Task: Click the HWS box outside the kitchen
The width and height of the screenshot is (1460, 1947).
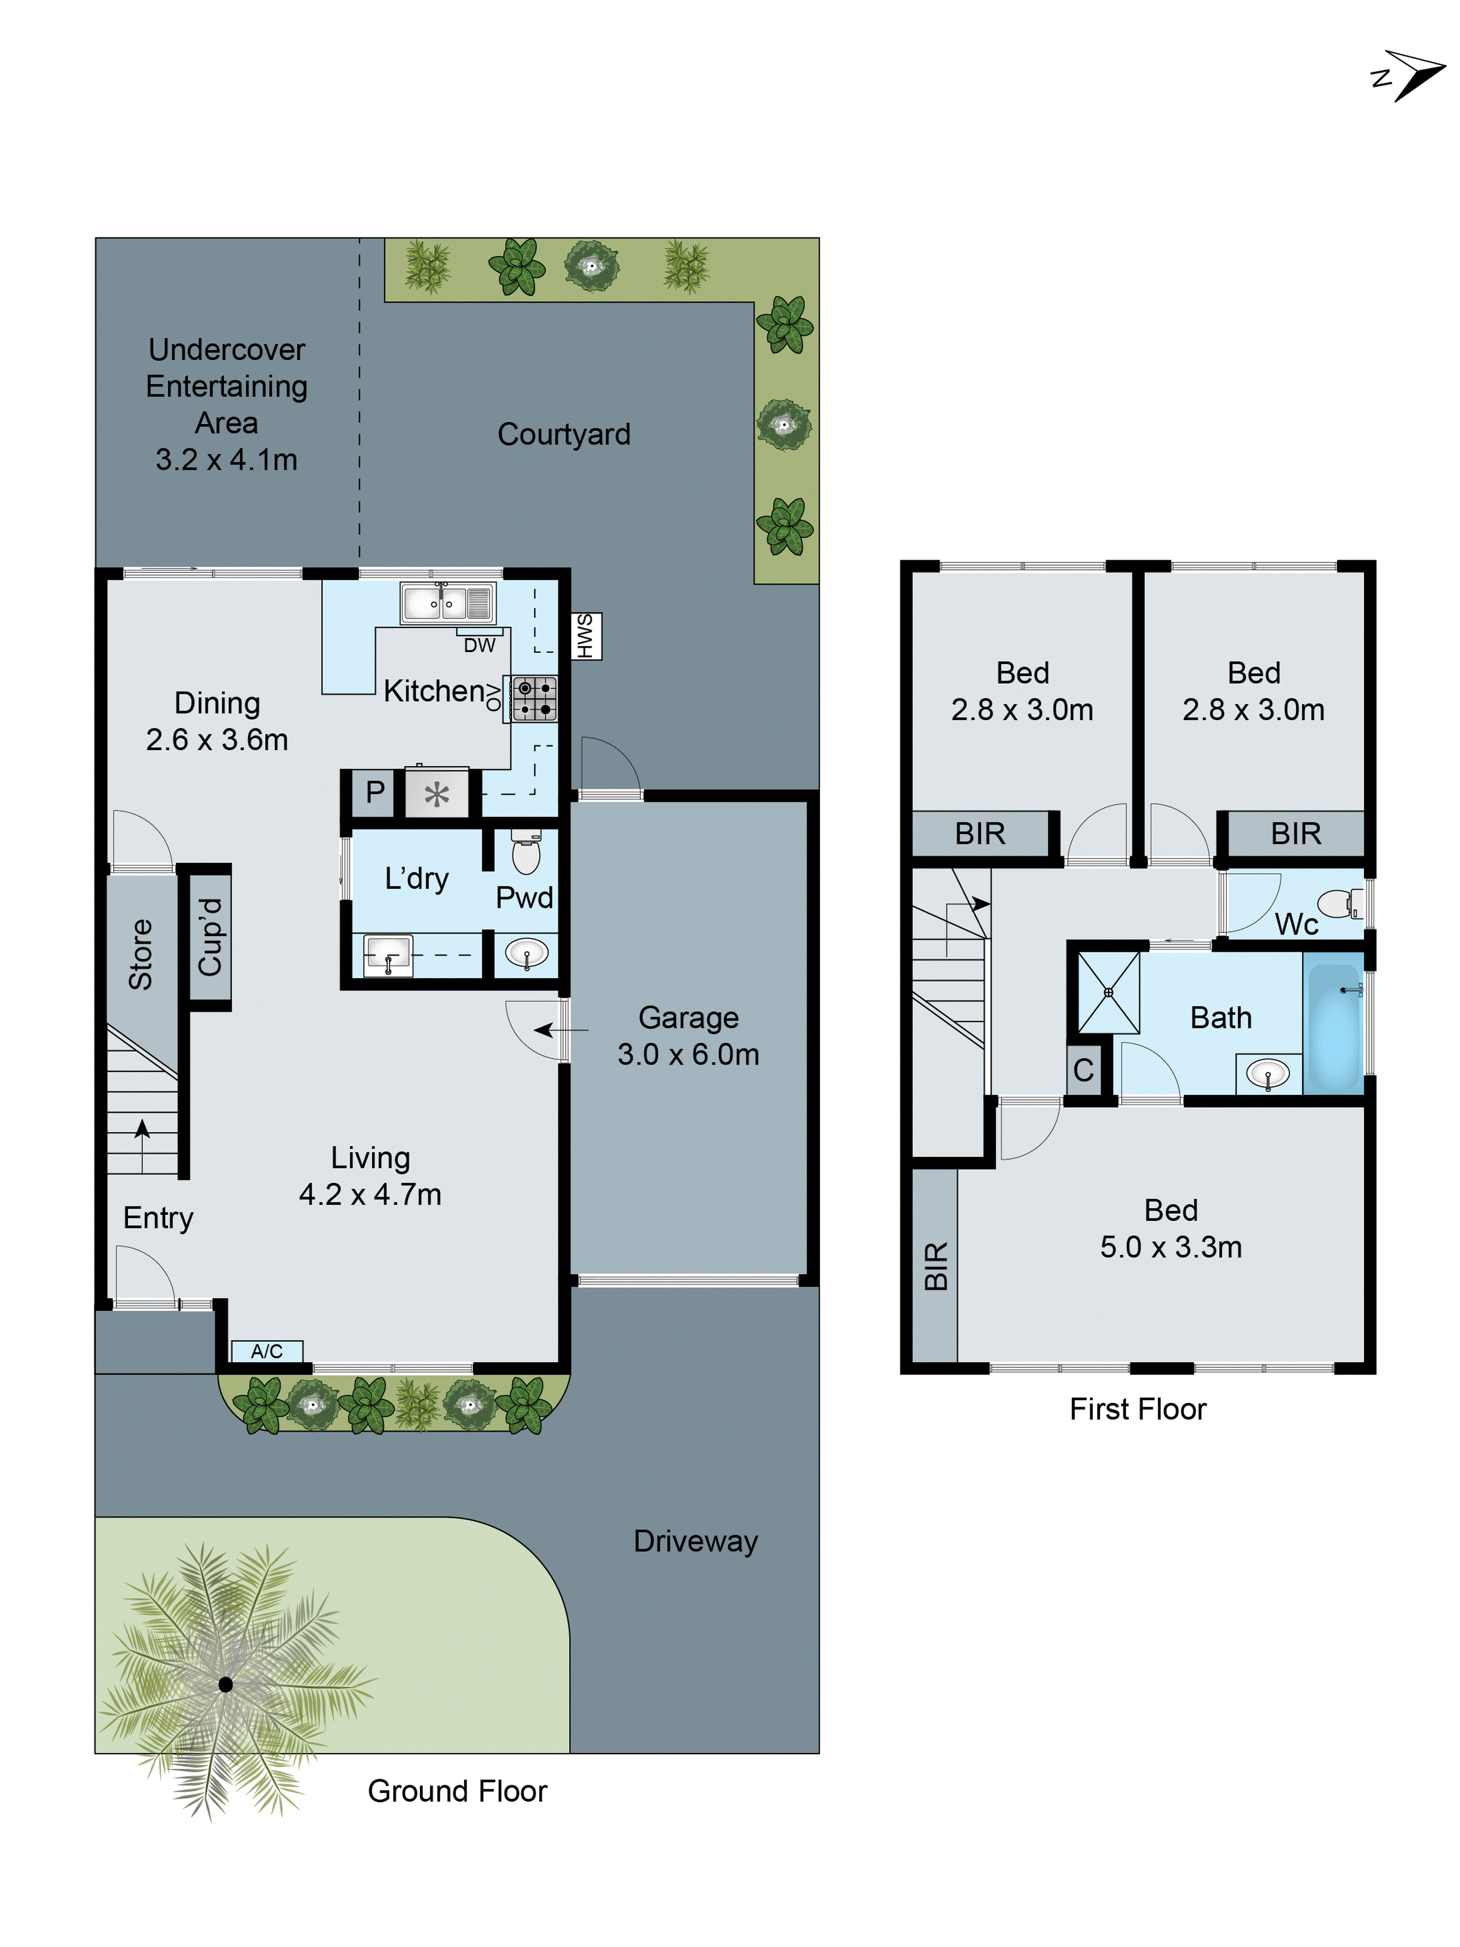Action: coord(585,636)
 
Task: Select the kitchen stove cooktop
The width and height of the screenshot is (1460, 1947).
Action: coord(534,699)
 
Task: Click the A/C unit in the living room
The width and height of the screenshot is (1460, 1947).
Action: coord(267,1350)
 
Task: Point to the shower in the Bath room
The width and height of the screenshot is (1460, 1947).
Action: coord(1108,992)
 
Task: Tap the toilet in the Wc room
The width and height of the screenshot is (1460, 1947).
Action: coord(1339,903)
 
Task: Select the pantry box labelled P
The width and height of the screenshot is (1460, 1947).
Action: coord(375,792)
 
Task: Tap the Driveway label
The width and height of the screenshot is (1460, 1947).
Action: coord(695,1541)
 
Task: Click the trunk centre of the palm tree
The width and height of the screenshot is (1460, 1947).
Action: coord(225,1684)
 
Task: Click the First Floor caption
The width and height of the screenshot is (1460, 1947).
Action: coord(1137,1408)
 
